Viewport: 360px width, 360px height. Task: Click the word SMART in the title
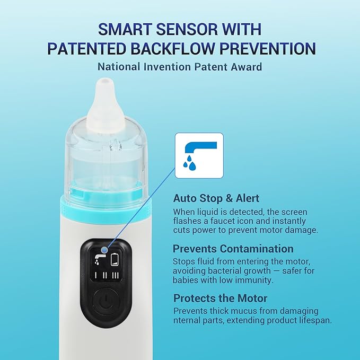[127, 29]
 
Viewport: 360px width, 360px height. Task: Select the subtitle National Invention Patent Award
[180, 67]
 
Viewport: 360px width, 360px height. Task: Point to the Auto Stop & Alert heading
[216, 198]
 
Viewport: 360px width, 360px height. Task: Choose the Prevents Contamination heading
[233, 248]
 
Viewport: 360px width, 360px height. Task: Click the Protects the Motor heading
[221, 298]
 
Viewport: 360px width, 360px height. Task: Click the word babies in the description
[188, 280]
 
